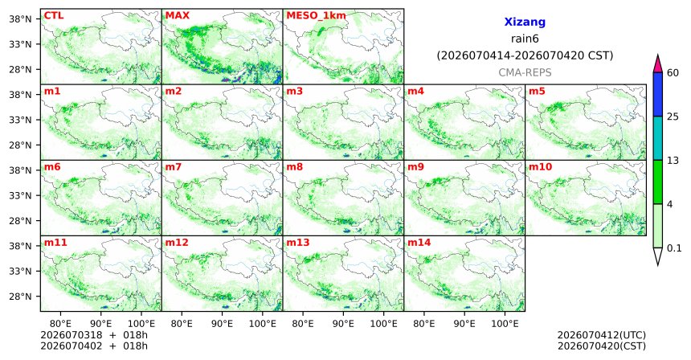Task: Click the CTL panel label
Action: (53, 15)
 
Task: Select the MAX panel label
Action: (177, 15)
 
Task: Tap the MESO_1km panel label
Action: (316, 15)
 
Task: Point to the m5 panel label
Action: (537, 92)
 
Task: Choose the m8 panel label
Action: (294, 167)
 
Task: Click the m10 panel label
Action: (540, 167)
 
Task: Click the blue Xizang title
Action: (525, 22)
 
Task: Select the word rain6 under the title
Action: (525, 39)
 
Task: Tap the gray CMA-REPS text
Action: (525, 72)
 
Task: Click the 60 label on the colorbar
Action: (673, 73)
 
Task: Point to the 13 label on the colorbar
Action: (673, 161)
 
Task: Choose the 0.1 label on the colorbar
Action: (674, 248)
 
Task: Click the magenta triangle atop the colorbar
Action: (658, 63)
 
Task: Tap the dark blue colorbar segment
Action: (658, 94)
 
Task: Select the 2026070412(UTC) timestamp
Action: (602, 336)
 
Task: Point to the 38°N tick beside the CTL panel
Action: (20, 19)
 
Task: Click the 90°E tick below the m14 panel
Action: (464, 324)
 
